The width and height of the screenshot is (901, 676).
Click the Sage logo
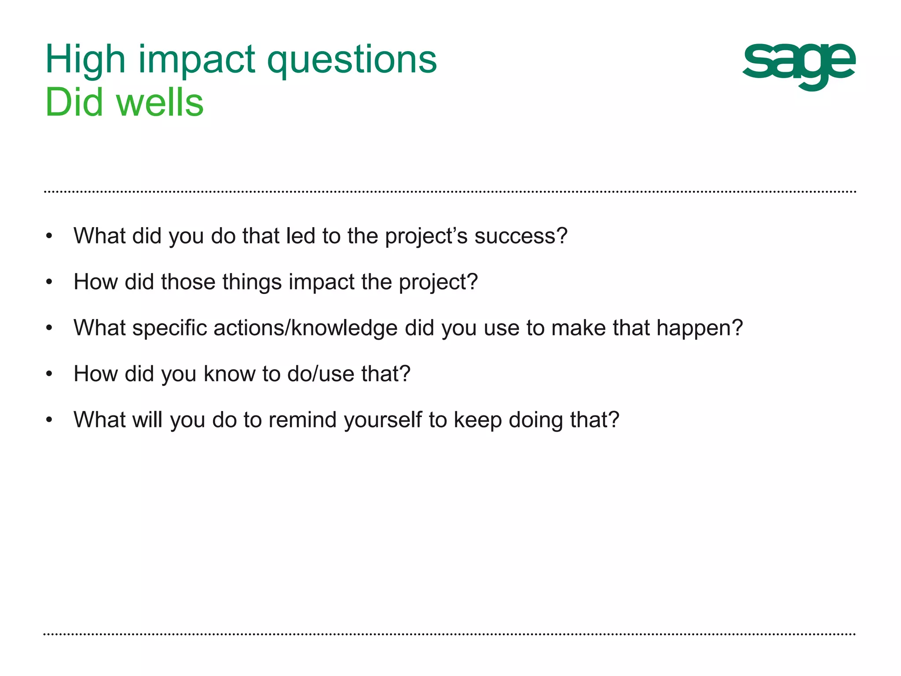point(799,66)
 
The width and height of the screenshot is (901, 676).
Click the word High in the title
point(85,61)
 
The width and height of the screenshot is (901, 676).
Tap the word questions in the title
point(352,61)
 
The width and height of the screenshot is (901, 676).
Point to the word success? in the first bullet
point(521,236)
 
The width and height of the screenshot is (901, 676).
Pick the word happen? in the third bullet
point(700,328)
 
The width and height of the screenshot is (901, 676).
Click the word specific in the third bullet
point(169,328)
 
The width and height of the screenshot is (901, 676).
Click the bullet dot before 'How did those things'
point(49,282)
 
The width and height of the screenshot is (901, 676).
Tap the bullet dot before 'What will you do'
point(49,420)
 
